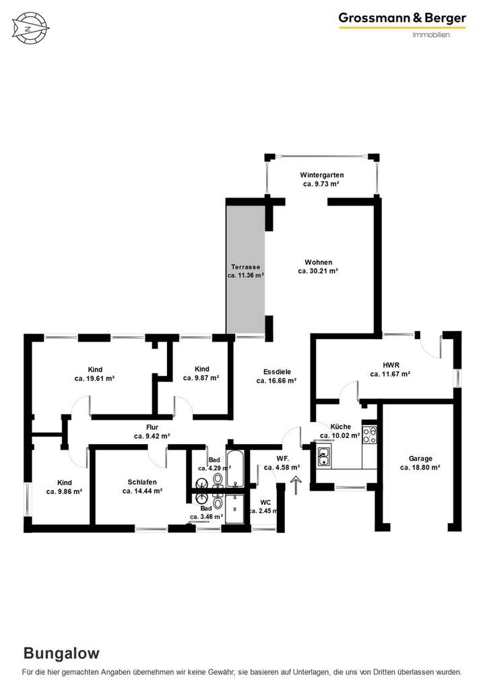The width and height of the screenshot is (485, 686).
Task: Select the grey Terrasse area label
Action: (245, 267)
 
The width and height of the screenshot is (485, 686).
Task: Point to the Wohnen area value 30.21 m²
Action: (317, 272)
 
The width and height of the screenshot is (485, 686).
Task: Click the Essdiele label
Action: (276, 371)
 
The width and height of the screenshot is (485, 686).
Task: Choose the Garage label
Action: (420, 458)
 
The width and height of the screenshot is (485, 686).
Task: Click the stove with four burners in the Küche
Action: (369, 435)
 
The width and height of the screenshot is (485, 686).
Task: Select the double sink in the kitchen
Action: (324, 457)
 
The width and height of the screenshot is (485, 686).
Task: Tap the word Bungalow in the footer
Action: (61, 653)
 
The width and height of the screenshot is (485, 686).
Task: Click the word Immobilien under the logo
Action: (431, 35)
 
